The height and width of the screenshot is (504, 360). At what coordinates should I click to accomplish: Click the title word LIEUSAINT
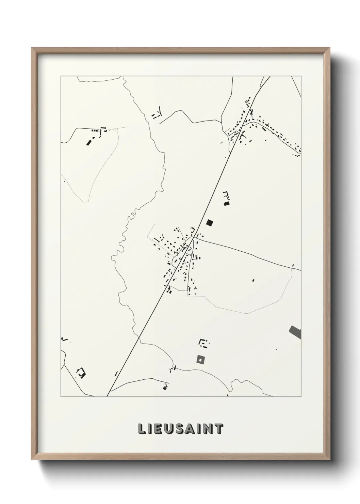[180, 429]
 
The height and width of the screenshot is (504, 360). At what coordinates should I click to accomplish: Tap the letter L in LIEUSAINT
[141, 429]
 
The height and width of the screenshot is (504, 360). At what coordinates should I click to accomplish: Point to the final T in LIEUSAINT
[219, 429]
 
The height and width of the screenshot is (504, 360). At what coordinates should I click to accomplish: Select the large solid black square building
[210, 223]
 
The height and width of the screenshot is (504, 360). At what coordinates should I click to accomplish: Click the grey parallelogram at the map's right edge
[295, 332]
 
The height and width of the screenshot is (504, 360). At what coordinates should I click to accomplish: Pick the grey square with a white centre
[201, 359]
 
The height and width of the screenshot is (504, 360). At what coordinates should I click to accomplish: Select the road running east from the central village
[248, 253]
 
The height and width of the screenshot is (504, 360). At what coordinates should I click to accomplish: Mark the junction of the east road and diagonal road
[195, 238]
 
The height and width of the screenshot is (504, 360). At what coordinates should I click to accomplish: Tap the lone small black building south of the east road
[253, 280]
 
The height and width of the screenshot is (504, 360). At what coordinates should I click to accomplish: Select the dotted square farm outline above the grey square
[204, 343]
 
